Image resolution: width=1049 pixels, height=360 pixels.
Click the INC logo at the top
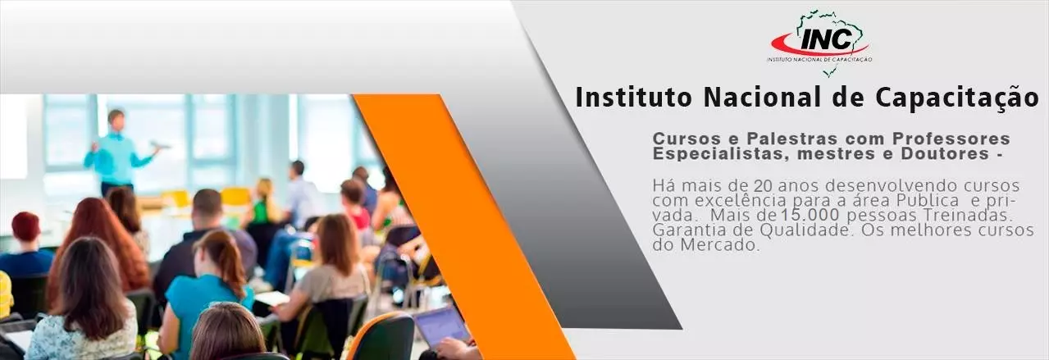[819, 41]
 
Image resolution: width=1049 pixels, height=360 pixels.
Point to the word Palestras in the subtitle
[792, 139]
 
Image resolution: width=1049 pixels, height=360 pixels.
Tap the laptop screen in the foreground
[440, 327]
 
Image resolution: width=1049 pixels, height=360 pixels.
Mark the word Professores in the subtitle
[951, 139]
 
